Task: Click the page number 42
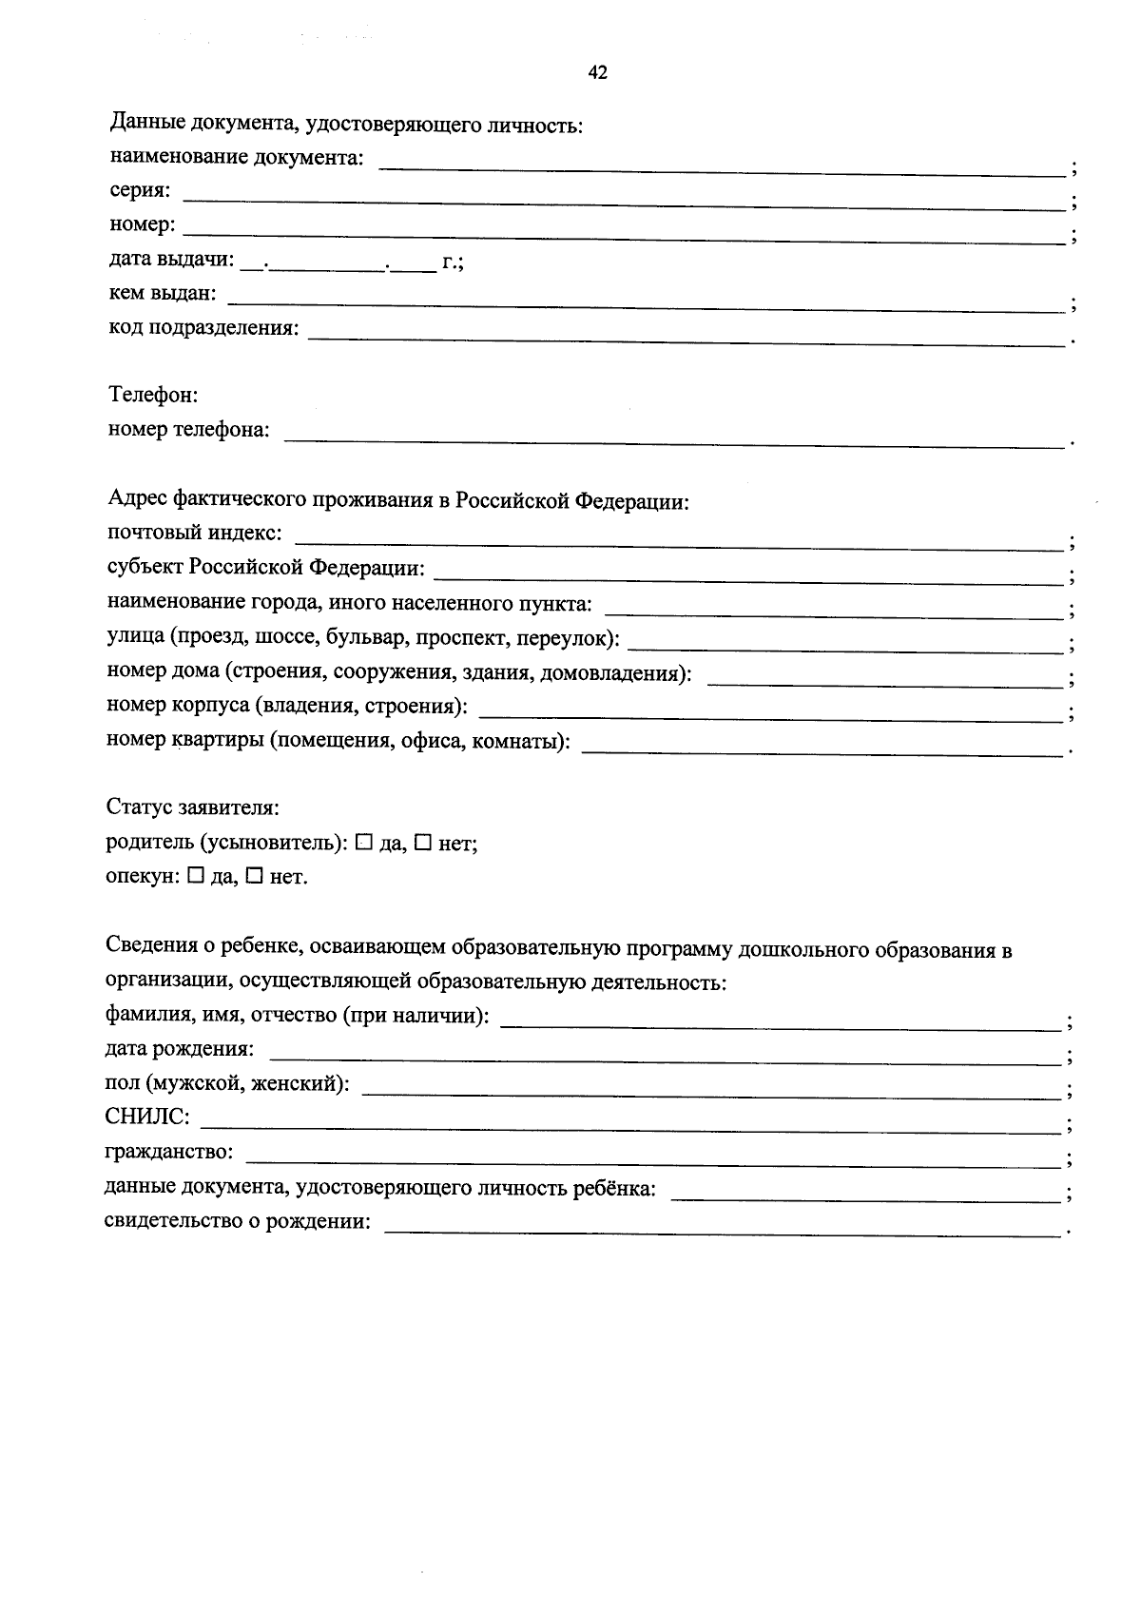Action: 598,73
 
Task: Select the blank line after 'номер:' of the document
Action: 623,236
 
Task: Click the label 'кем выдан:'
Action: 163,294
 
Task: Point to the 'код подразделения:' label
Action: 203,328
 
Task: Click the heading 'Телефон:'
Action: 153,395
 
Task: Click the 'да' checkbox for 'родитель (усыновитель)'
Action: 363,842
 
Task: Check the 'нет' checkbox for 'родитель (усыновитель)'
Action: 423,842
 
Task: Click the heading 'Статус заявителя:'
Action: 192,807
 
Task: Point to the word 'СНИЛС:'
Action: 146,1117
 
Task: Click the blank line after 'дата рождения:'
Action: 665,1059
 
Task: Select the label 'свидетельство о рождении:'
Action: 237,1221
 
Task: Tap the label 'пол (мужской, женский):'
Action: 226,1083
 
